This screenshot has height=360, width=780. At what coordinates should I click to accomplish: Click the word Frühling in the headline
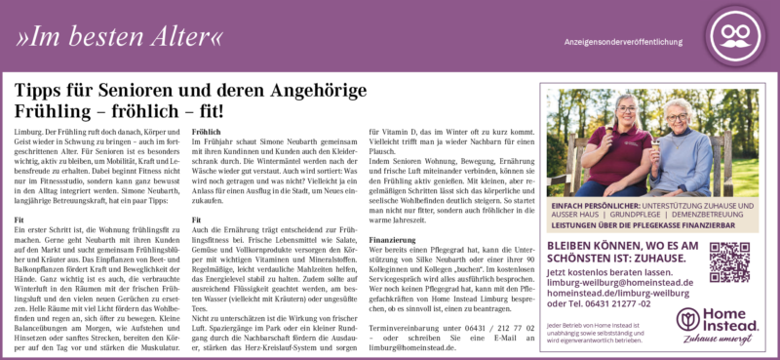click(52, 110)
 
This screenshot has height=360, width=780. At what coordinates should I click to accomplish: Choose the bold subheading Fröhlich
click(207, 131)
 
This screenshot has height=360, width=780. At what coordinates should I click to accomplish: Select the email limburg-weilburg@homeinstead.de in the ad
click(620, 282)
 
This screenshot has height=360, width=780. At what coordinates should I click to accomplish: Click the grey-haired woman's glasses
click(680, 118)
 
